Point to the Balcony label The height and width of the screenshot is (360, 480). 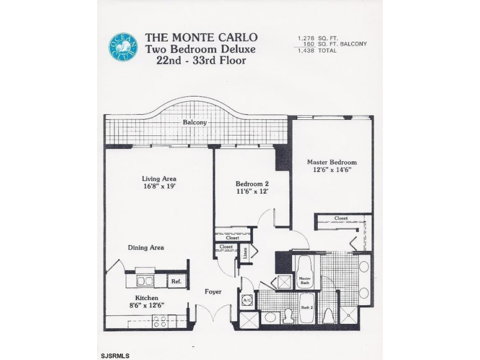195,122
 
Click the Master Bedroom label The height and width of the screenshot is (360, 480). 331,162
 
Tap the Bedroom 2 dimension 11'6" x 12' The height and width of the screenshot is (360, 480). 252,192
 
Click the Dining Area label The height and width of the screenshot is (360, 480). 146,247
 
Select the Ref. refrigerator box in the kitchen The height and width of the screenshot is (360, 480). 176,281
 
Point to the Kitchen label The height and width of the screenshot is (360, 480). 146,298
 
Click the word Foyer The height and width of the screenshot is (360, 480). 213,292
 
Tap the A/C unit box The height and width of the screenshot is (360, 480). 248,299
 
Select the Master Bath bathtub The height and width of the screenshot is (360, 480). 305,272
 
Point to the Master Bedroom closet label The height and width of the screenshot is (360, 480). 341,218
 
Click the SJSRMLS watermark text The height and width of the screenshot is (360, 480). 114,355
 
